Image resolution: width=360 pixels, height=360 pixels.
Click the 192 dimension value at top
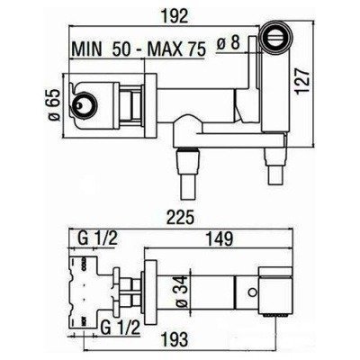coord(175,16)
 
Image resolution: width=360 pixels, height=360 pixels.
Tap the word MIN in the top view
coord(87,49)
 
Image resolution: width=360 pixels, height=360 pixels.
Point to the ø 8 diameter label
coord(229,43)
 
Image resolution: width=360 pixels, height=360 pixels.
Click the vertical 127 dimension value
coord(301,81)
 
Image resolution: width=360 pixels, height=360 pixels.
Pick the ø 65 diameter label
coord(55,104)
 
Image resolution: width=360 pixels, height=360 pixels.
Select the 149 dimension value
coord(219,238)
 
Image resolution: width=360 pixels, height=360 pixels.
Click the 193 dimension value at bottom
coord(175,339)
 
